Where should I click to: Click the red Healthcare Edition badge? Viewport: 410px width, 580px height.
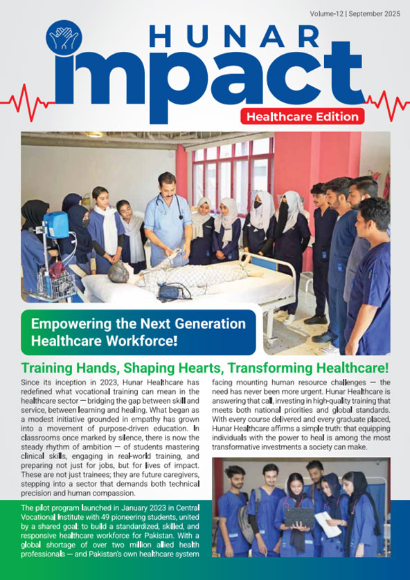click(303, 116)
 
